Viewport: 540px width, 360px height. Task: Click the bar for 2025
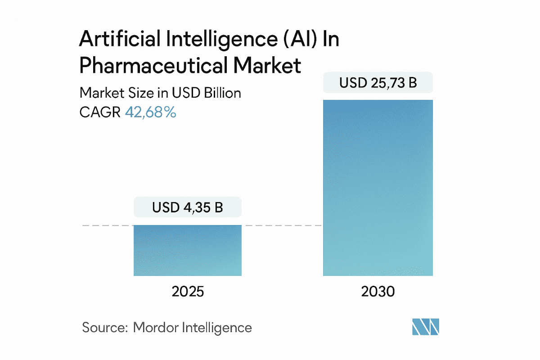click(x=188, y=251)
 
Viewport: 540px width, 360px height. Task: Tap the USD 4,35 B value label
click(x=188, y=208)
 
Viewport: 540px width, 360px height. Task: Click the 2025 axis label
click(x=188, y=292)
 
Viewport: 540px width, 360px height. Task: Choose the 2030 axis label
click(x=378, y=292)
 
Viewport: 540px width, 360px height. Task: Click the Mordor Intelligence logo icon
click(x=425, y=327)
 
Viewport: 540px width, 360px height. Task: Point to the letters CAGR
click(x=99, y=112)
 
